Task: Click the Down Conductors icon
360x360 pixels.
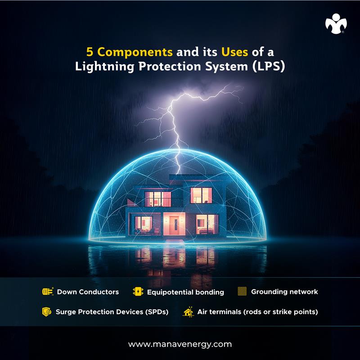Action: [x=48, y=292]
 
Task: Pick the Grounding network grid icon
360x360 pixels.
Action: [x=242, y=292]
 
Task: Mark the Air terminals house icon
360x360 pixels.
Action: [x=188, y=311]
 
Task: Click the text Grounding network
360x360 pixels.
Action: [x=284, y=292]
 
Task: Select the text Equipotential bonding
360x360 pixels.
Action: [x=185, y=292]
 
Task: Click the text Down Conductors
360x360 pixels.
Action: [x=88, y=292]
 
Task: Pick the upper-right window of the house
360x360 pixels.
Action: [x=201, y=195]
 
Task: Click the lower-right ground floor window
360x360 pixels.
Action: [x=207, y=223]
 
